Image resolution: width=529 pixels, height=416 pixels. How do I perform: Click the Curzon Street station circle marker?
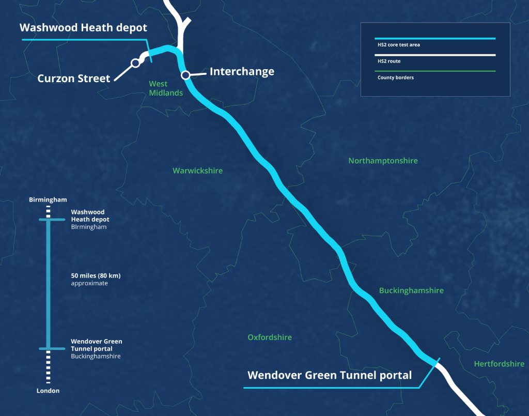[135, 63]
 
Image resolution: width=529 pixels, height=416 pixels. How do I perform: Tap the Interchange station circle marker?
[185, 75]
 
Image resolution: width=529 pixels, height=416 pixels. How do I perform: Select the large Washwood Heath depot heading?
[83, 27]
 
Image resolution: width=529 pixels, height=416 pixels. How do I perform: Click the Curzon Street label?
[74, 79]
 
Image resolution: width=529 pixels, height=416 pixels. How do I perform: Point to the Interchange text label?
[242, 71]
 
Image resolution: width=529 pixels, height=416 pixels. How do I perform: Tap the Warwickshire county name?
[197, 171]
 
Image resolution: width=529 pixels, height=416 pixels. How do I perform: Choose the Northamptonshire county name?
[383, 161]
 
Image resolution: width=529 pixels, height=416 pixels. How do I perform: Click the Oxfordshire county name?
[270, 337]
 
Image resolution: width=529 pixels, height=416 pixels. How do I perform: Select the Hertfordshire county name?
[499, 364]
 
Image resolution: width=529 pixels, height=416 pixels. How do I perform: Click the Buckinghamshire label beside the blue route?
[411, 290]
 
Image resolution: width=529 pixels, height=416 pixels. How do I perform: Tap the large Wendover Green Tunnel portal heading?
[330, 375]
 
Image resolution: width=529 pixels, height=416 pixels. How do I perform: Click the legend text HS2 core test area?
[398, 45]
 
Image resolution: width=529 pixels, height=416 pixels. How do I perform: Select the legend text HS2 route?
[388, 61]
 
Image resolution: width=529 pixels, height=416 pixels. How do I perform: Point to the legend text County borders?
[395, 78]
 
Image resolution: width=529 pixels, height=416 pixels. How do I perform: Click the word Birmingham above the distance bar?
[48, 199]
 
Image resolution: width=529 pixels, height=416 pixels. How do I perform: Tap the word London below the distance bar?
[48, 391]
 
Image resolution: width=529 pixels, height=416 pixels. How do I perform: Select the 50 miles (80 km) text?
[96, 276]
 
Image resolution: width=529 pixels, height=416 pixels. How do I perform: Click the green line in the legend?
[435, 71]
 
